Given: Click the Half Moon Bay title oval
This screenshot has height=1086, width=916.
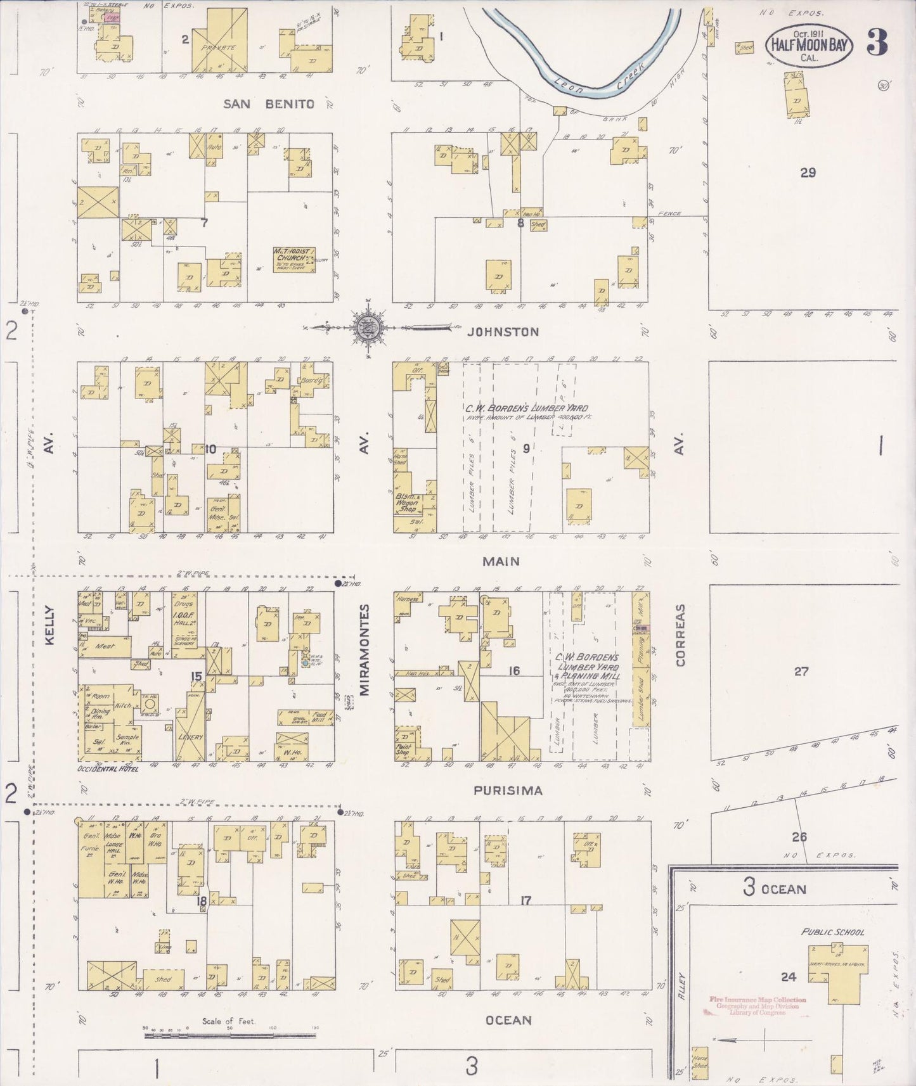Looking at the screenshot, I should (809, 46).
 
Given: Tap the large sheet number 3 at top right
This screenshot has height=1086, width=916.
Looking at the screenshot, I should (877, 43).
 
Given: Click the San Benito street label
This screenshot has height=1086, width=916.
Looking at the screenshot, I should (269, 104).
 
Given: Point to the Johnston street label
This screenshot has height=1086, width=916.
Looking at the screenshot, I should (503, 331).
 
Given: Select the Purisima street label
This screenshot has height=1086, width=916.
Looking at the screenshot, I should (508, 791).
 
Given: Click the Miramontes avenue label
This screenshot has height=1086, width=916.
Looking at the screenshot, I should (364, 649).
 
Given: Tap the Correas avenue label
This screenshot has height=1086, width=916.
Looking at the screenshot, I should (681, 635).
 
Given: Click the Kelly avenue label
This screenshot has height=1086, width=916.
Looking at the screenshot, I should (49, 625).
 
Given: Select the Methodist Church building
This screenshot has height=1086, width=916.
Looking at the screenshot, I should (294, 260).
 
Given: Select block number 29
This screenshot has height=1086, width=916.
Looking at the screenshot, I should (808, 172).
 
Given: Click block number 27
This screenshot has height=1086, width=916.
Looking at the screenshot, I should (801, 671).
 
